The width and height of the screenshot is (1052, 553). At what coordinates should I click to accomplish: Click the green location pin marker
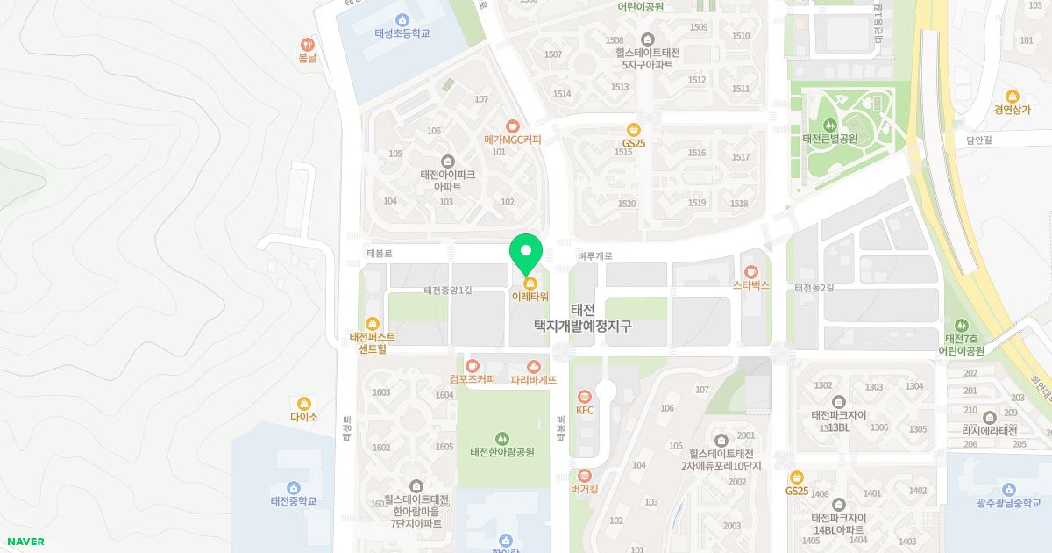(526, 255)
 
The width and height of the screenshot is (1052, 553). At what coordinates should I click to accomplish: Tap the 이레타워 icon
(530, 283)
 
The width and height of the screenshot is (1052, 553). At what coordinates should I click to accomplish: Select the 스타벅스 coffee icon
(751, 271)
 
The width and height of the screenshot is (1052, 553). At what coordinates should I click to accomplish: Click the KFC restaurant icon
(585, 397)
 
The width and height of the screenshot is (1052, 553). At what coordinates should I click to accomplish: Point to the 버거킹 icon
(585, 475)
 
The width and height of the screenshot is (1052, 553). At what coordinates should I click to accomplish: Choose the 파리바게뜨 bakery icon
(533, 366)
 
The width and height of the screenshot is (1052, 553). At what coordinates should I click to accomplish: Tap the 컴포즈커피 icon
(472, 365)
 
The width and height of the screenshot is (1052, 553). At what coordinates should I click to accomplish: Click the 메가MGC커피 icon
(513, 126)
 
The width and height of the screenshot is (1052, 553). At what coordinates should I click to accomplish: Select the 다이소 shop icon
(304, 403)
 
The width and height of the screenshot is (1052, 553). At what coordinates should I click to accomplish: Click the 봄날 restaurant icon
(307, 44)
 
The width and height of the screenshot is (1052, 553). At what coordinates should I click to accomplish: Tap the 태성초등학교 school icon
(402, 19)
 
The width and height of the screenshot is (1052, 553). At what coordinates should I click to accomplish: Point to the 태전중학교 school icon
(293, 487)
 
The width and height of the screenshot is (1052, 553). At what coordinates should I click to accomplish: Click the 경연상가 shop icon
(1013, 96)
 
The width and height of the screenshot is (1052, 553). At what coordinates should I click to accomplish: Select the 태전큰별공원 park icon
(829, 124)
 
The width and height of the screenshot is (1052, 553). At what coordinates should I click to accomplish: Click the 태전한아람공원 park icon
(501, 438)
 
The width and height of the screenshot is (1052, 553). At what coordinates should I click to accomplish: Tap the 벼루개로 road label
(594, 256)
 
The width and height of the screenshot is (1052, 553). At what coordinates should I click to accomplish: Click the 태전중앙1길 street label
(447, 290)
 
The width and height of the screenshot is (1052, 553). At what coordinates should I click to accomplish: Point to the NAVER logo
(25, 542)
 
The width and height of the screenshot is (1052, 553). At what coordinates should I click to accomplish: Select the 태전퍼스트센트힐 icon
(372, 323)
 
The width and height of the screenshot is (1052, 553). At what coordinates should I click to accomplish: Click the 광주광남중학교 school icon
(1009, 489)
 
